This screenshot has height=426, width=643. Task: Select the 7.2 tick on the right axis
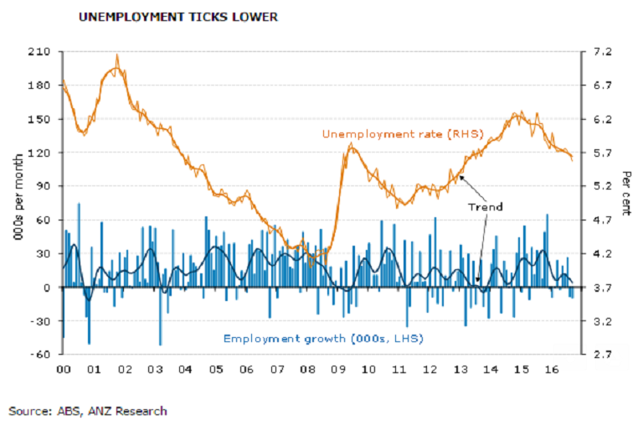pos(602,52)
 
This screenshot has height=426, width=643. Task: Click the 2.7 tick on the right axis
pos(602,355)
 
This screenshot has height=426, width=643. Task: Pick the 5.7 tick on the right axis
pos(602,153)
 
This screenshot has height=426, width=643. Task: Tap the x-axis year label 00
pos(63,369)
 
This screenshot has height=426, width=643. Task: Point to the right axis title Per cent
pos(626,194)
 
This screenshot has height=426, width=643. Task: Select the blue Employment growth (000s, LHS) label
pos(322,338)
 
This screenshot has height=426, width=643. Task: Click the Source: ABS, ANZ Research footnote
pos(88,411)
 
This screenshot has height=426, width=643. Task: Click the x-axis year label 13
pos(460,369)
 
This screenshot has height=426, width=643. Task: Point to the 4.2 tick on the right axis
pos(602,253)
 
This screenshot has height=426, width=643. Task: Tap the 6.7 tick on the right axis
pos(602,86)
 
